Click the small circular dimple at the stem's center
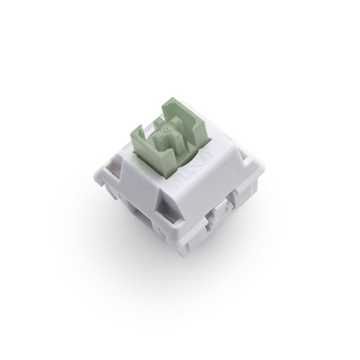coord(167,128)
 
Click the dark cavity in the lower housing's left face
coord(135,209)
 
